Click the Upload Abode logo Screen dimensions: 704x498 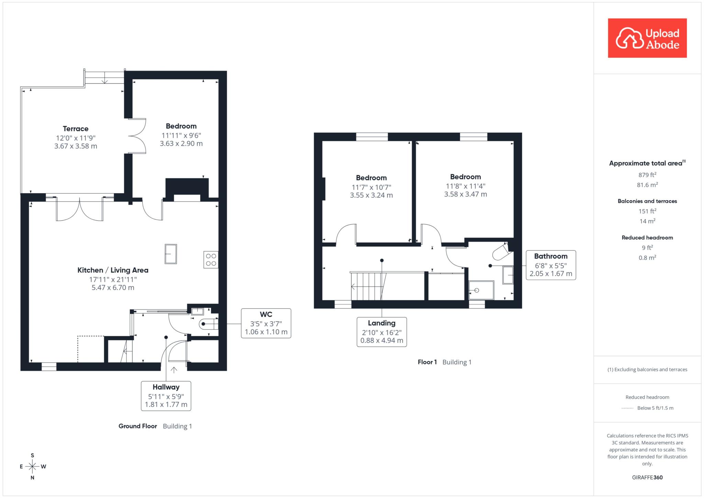point(647,38)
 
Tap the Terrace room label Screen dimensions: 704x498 point(76,129)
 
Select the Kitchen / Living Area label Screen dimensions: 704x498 point(113,270)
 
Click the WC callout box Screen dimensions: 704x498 point(266,323)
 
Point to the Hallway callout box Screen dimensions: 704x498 point(166,396)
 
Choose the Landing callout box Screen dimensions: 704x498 point(382,332)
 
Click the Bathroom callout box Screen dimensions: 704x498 point(551,265)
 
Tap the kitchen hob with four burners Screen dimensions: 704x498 point(211,260)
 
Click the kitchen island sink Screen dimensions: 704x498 point(171,254)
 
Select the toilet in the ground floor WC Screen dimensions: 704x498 point(209,324)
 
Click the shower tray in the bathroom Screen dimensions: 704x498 point(481,290)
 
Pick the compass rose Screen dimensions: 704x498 point(33,466)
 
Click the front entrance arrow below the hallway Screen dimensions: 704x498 point(174,370)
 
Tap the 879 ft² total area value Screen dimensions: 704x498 point(647,175)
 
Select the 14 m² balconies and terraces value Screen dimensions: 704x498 point(647,221)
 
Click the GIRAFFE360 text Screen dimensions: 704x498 point(647,477)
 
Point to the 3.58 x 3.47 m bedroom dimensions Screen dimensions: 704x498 point(465,194)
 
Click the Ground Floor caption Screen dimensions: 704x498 point(138,426)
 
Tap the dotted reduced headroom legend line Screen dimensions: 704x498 point(627,408)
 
